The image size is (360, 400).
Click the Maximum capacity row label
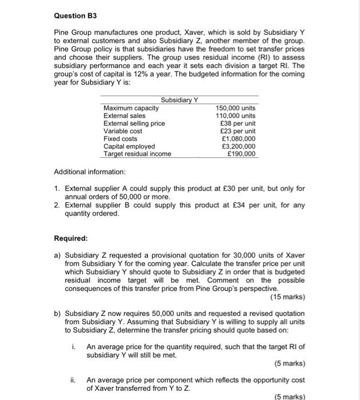click(131, 108)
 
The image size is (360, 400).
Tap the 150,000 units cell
click(237, 108)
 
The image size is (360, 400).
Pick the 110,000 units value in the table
click(237, 115)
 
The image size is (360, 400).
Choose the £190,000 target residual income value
click(242, 154)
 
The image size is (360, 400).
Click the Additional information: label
click(90, 172)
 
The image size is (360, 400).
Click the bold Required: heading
click(71, 238)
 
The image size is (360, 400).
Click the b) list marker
click(57, 314)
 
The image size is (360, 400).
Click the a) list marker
click(57, 255)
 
